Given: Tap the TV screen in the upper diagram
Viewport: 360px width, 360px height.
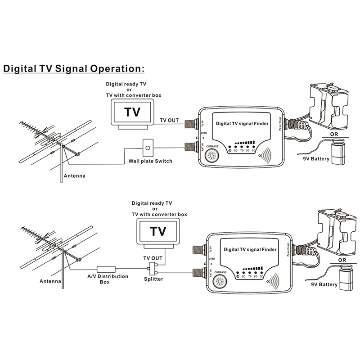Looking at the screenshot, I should (132, 112).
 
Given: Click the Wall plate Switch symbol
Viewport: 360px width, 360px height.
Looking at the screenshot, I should (147, 147).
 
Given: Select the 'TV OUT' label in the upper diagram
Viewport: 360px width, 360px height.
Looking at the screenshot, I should (170, 121).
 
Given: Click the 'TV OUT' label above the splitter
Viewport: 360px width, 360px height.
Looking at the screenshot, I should (153, 258).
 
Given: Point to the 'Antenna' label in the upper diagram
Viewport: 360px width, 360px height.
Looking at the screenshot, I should (75, 176).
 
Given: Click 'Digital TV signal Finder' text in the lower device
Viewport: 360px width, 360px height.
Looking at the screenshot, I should (250, 248).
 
